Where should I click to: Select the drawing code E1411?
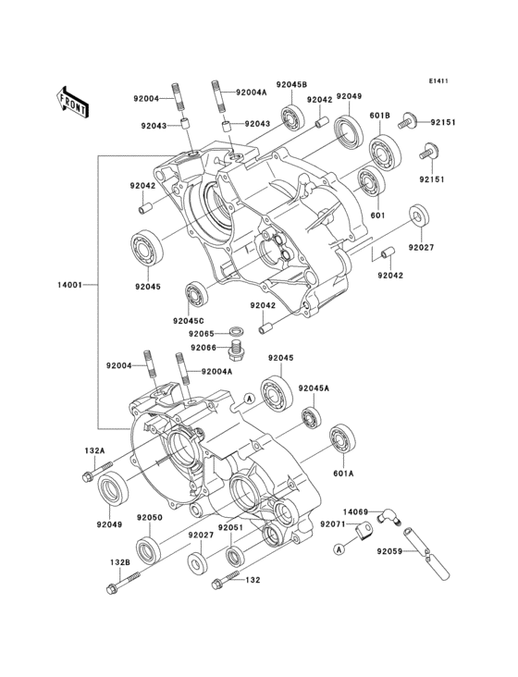click(x=438, y=80)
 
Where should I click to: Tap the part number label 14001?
click(x=69, y=285)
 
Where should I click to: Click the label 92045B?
click(x=291, y=84)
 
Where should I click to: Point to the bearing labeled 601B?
click(x=385, y=153)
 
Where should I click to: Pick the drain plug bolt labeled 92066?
click(x=236, y=350)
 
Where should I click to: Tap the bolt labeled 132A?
click(x=97, y=472)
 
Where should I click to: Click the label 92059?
click(x=388, y=551)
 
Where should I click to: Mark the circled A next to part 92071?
click(x=339, y=548)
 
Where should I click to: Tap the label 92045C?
click(x=188, y=321)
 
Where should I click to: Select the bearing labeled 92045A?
click(x=311, y=417)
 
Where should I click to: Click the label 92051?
click(x=230, y=527)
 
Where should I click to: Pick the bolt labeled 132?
click(x=226, y=579)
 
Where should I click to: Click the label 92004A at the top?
click(x=252, y=92)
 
